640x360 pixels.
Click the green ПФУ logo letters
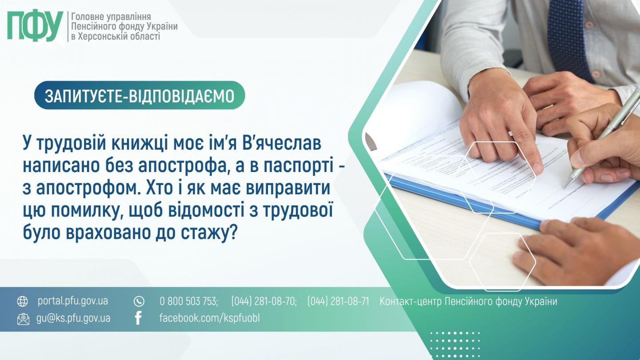[x=35, y=26]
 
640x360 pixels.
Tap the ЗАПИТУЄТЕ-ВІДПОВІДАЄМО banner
[x=140, y=95]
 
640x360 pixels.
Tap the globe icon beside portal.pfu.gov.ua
[x=23, y=301]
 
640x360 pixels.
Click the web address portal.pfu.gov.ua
[x=73, y=301]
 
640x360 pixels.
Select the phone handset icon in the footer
[x=139, y=301]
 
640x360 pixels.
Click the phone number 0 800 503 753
[x=189, y=301]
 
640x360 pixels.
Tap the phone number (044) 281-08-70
[x=264, y=301]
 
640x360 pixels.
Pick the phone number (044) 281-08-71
[x=338, y=301]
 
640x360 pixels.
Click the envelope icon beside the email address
[x=23, y=319]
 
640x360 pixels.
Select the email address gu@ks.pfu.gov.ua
[x=73, y=319]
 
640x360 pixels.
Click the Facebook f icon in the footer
[x=138, y=318]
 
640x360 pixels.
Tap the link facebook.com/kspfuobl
[x=209, y=318]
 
